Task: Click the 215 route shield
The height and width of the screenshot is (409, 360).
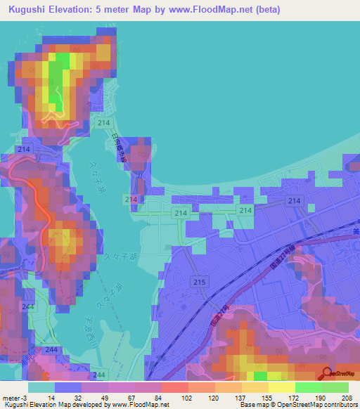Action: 199,282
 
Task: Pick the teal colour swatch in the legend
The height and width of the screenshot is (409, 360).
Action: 41,387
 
